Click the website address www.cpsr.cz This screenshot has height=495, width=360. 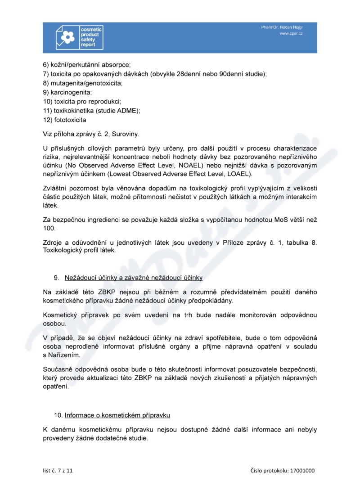pos(291,34)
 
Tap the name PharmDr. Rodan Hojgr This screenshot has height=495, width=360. pos(282,27)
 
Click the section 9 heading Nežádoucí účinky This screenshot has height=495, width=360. pos(133,278)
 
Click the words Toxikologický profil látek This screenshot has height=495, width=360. pos(79,251)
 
